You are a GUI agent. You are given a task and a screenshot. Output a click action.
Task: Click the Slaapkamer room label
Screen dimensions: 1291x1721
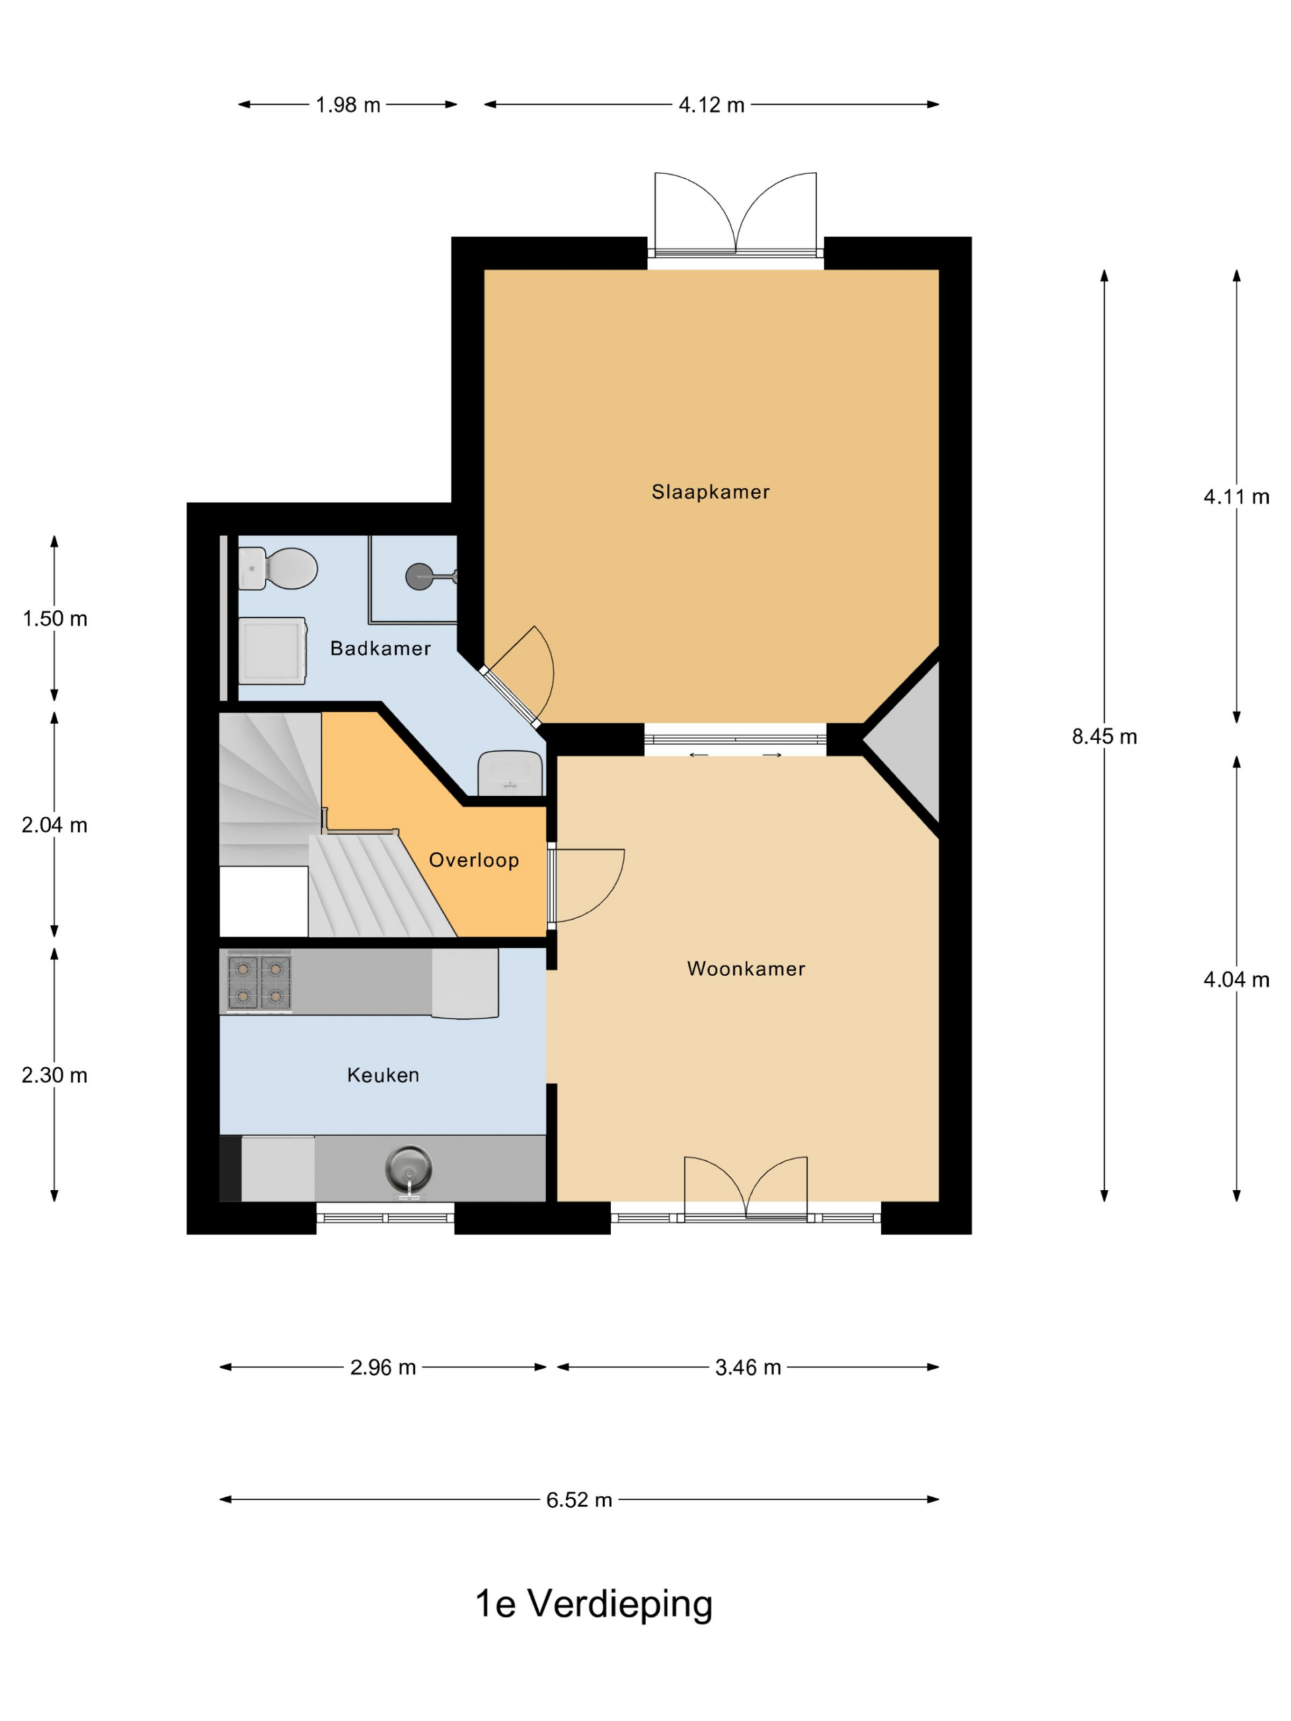[x=709, y=491]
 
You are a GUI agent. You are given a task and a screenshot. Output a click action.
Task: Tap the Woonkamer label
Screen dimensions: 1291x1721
[x=746, y=969]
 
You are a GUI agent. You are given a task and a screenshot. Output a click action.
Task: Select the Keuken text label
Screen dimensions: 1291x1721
[x=383, y=1075]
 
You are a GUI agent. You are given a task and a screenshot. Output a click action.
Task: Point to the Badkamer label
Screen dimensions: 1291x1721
[x=380, y=648]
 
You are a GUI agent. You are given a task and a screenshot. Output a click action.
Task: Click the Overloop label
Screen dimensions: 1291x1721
[x=474, y=860]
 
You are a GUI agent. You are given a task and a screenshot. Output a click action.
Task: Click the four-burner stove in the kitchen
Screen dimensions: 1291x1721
[x=259, y=983]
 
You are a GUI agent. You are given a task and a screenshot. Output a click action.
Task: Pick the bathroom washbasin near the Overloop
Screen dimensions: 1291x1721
[x=510, y=772]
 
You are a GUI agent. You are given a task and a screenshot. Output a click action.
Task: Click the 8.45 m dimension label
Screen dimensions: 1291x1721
[x=1104, y=736]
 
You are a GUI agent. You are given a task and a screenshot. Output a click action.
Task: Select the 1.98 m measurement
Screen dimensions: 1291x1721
[x=348, y=104]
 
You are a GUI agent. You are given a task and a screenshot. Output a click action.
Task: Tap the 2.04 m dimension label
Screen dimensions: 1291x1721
[x=54, y=825]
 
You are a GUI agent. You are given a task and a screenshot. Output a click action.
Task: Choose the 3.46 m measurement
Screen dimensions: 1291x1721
[x=748, y=1367]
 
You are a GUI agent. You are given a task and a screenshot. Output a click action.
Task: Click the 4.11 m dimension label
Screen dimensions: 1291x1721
[x=1237, y=496]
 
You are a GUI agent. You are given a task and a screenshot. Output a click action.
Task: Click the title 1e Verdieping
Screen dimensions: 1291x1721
[x=594, y=1603]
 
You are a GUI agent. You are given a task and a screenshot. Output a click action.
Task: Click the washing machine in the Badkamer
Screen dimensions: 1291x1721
[x=272, y=651]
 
